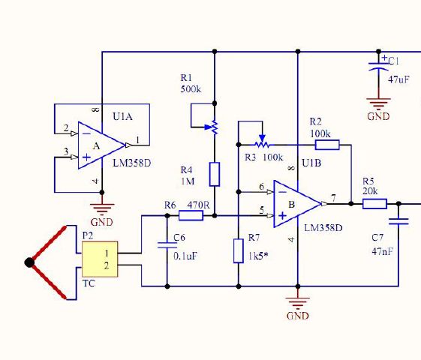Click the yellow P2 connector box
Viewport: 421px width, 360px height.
100,259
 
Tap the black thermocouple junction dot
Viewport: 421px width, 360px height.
29,262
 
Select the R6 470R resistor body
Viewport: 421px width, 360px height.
191,215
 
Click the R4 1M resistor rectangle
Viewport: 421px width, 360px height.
215,174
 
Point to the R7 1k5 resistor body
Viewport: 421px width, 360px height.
239,250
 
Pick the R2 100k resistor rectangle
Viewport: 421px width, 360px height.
327,145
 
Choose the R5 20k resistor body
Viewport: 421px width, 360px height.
374,203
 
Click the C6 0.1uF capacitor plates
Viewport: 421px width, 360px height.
167,245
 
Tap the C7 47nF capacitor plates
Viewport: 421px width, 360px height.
398,221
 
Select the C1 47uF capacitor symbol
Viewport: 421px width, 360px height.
378,66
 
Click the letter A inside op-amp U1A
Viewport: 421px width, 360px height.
96,146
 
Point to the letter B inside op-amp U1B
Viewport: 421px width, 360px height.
292,205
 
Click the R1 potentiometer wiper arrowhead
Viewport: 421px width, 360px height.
208,127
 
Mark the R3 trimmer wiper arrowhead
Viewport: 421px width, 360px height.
263,138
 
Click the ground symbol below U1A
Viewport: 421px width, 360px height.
102,209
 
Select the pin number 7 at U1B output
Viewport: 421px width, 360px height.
333,198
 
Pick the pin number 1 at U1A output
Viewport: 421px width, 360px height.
138,140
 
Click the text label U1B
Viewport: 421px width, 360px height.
311,163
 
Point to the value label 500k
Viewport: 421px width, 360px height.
191,89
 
